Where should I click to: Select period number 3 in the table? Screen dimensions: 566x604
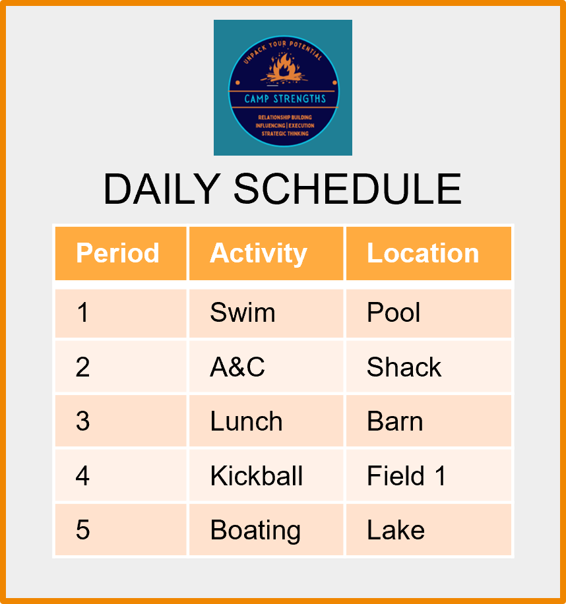[x=83, y=421]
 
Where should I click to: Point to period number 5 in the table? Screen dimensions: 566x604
[x=83, y=530]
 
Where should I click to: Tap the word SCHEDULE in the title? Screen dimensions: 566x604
[x=348, y=189]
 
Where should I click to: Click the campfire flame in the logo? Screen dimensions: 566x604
[x=284, y=66]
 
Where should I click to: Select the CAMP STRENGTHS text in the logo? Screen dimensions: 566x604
[x=285, y=99]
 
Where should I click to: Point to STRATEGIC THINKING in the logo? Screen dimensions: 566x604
[x=285, y=134]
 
